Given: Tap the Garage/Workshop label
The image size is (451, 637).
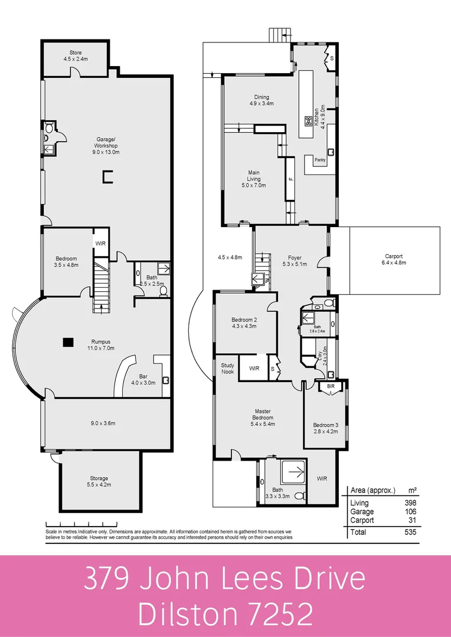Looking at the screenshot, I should (x=107, y=142).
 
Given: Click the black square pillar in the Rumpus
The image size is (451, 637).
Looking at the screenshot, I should (x=68, y=342).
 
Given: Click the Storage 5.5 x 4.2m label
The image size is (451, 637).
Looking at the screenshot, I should (x=99, y=481).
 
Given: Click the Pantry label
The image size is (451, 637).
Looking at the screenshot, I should (x=320, y=160).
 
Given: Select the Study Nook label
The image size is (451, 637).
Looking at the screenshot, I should (x=227, y=368).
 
